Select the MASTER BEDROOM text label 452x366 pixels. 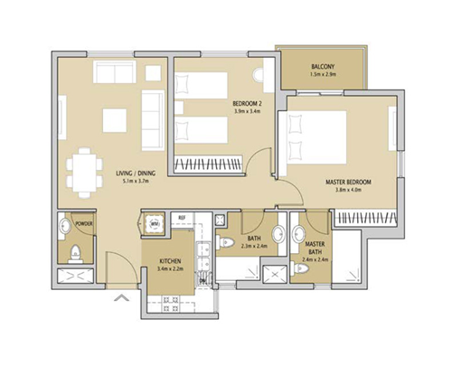click(x=348, y=182)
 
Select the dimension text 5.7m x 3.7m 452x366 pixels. click(x=141, y=182)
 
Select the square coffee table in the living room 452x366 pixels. click(x=115, y=120)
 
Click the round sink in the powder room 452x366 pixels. click(x=64, y=226)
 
